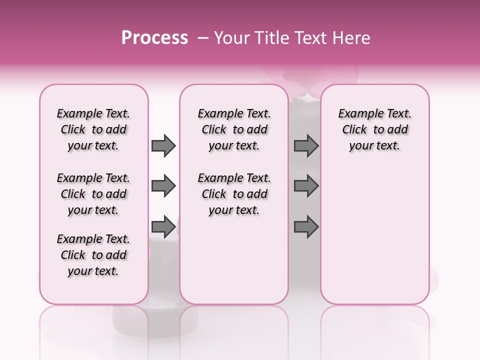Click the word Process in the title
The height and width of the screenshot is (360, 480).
click(154, 38)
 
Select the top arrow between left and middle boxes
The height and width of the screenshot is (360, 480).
click(163, 145)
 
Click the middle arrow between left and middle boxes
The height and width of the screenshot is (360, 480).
click(163, 186)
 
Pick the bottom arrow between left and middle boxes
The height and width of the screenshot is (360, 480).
click(163, 227)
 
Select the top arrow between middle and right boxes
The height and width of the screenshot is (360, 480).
click(306, 145)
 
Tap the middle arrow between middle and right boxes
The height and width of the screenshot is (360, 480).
click(306, 186)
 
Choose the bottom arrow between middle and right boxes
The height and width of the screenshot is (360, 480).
click(306, 227)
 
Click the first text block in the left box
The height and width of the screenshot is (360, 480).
click(93, 129)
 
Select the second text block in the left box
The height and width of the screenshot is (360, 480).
click(93, 194)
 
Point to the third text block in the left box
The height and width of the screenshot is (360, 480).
click(93, 255)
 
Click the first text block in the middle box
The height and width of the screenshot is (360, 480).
click(234, 129)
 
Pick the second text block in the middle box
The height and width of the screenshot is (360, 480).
click(234, 194)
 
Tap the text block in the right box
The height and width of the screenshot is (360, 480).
click(374, 129)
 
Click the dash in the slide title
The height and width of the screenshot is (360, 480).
click(203, 38)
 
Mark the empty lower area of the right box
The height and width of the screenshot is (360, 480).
click(374, 235)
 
